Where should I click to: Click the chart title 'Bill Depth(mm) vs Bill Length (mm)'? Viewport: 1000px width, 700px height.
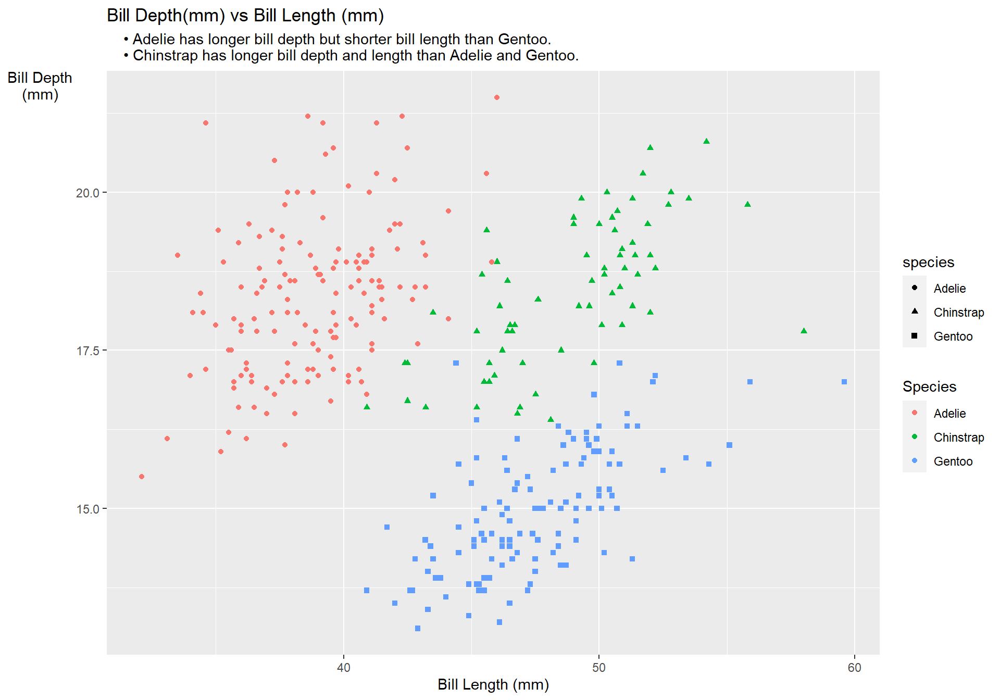point(245,16)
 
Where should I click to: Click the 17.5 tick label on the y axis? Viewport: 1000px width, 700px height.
point(87,351)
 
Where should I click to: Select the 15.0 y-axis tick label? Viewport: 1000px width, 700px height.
point(87,509)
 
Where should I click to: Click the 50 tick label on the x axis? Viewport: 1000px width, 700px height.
point(599,668)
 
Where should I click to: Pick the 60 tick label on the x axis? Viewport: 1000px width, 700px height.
point(854,668)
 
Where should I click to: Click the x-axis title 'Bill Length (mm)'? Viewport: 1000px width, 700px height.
point(493,684)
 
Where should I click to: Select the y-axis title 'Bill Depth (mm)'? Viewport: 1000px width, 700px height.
point(40,86)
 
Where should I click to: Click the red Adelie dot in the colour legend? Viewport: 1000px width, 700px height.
point(915,413)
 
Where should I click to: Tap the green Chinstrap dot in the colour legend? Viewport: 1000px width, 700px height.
point(915,437)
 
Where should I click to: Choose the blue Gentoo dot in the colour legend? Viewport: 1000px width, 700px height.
point(915,461)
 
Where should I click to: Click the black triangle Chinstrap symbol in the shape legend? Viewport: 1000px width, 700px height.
point(915,311)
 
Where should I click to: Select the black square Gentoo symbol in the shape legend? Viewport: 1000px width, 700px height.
point(915,336)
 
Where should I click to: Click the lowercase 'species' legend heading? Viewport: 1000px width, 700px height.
point(928,262)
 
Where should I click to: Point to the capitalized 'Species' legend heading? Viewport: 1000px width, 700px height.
point(929,386)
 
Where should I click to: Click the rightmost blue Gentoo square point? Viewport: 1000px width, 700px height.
point(844,382)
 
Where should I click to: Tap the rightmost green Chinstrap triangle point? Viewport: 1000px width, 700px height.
point(804,331)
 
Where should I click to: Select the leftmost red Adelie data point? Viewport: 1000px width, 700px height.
point(142,477)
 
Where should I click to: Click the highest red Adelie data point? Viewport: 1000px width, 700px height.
point(497,97)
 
